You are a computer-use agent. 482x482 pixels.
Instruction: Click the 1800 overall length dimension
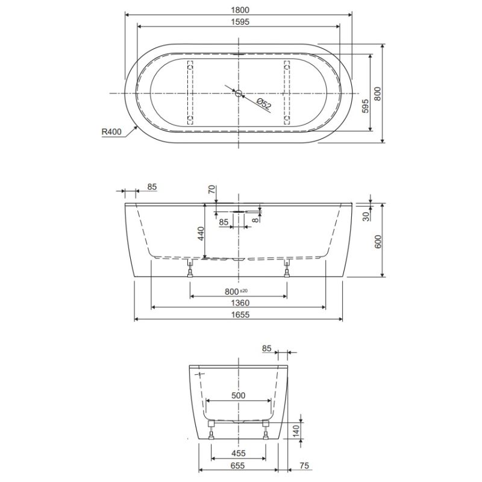240,10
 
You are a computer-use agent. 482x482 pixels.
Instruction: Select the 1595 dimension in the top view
240,22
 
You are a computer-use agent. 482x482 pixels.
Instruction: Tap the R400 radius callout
111,132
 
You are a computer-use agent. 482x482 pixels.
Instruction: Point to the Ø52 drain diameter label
264,104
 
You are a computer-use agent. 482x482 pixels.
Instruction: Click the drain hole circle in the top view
239,93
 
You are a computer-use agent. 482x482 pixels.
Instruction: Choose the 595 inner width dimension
365,106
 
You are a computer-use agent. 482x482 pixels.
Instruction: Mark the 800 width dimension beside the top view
378,94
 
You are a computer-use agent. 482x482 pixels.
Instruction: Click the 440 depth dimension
201,234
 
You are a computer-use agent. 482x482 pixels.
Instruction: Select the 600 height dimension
378,242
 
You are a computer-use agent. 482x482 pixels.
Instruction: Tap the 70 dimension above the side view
212,189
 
